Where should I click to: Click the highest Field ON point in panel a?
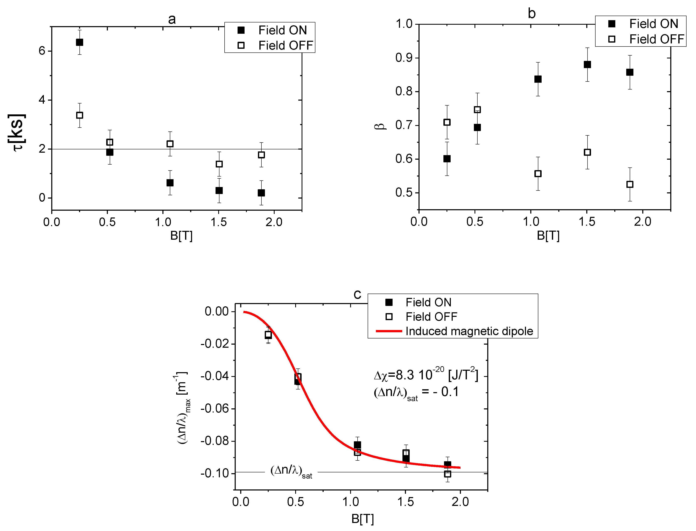pos(79,42)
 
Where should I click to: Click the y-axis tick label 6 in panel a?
pos(42,51)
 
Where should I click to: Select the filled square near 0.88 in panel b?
pos(587,64)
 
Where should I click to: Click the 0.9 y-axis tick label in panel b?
pos(404,58)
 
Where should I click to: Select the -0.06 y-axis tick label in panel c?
pos(214,408)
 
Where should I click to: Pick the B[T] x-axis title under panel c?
pos(362,519)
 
